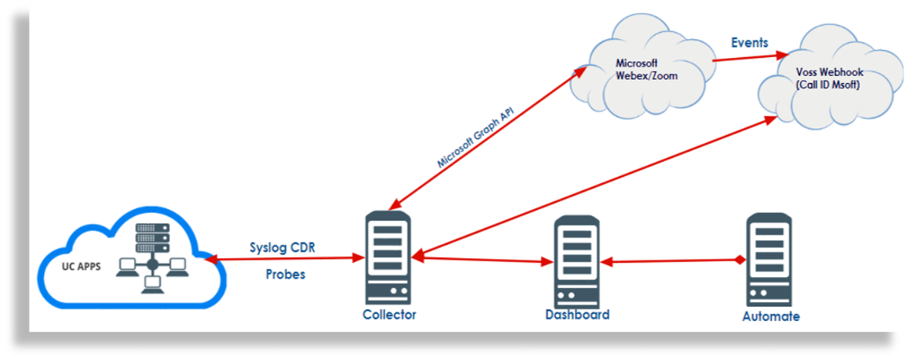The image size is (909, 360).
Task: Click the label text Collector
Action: pos(389,315)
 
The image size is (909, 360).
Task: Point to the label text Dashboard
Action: pos(577,315)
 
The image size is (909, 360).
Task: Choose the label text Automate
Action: pos(770,317)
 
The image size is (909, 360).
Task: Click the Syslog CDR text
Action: pos(283,248)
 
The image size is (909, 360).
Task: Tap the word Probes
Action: pos(285,275)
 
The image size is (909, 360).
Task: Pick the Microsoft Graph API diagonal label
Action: pos(474,138)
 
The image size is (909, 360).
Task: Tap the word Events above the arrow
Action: pos(749,42)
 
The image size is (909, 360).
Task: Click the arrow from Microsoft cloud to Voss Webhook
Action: pos(750,57)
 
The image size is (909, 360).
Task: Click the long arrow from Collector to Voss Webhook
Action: pos(595,187)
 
